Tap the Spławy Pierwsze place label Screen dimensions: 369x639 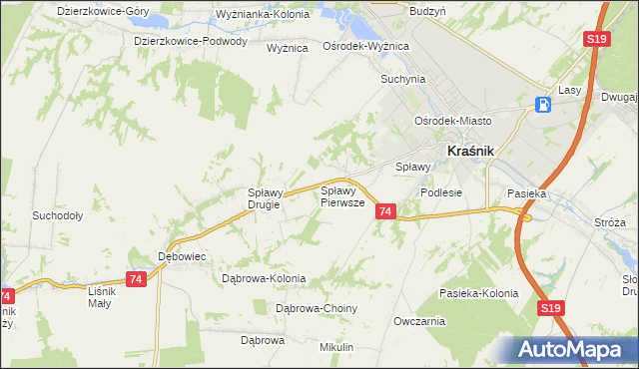(340, 195)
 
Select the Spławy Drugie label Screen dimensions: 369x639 (268, 198)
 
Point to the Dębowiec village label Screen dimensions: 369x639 (182, 256)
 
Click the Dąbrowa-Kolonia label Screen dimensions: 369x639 (264, 278)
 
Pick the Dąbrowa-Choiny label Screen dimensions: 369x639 (316, 309)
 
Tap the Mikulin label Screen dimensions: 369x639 (336, 346)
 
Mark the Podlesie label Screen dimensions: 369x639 (441, 193)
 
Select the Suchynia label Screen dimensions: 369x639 (402, 79)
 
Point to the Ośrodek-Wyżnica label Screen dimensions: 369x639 (366, 47)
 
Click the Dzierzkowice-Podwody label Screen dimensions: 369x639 (191, 42)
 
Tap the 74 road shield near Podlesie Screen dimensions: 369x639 (386, 211)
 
